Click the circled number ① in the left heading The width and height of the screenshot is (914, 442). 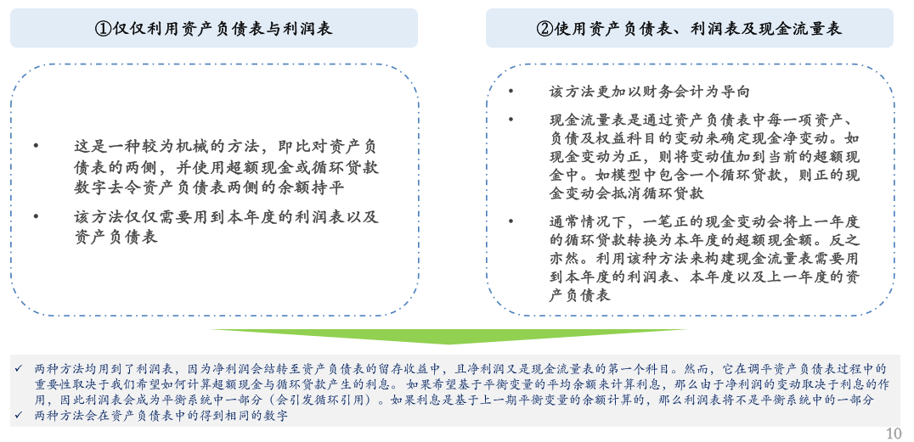(x=104, y=29)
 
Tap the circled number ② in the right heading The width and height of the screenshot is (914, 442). (x=547, y=29)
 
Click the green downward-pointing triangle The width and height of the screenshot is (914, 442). (x=449, y=336)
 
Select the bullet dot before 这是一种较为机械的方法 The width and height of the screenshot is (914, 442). (x=37, y=146)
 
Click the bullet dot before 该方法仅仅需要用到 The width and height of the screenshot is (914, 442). (x=37, y=216)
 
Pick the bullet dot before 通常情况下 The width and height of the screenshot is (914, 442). (x=511, y=221)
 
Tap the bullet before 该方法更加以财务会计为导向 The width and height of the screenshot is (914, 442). (x=511, y=92)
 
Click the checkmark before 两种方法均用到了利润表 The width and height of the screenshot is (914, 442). (x=19, y=369)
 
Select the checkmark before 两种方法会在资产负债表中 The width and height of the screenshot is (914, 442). (x=19, y=416)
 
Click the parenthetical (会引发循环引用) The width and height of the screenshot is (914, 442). (x=306, y=400)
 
